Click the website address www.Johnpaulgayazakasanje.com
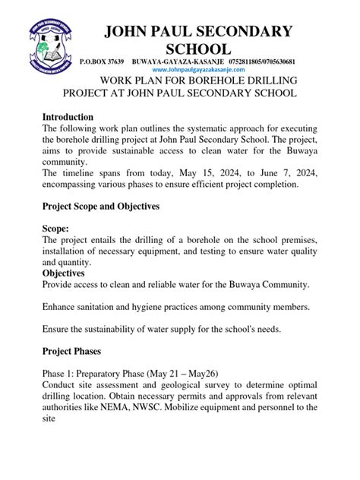click(200, 69)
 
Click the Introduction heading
click(68, 117)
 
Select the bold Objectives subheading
click(64, 273)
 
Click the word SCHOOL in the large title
click(197, 49)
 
